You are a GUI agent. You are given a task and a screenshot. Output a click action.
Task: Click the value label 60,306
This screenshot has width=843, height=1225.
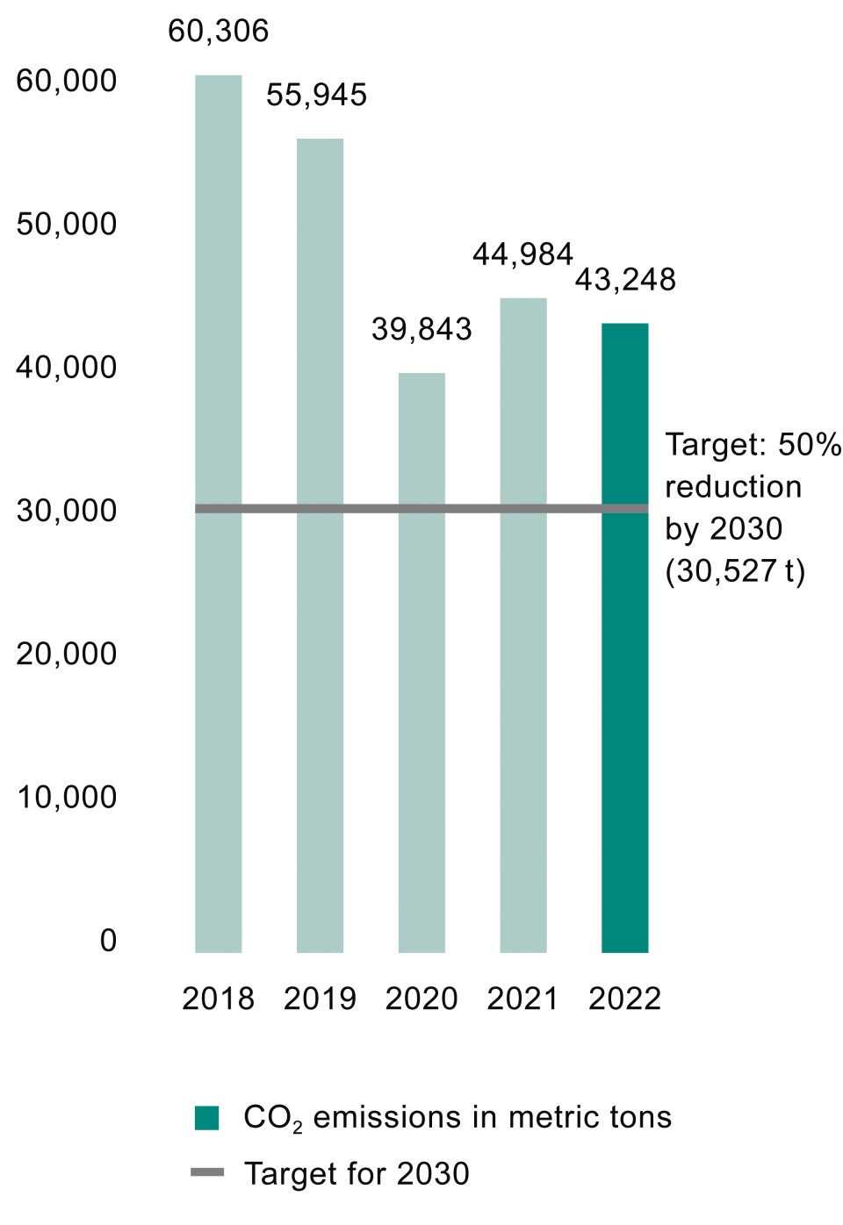point(218,32)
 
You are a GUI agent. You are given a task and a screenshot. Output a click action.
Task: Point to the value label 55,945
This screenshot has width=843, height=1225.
point(316,95)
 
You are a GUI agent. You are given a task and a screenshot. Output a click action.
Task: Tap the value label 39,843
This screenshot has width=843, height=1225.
point(421,329)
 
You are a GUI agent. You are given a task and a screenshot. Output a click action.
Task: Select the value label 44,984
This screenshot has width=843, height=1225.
point(522,254)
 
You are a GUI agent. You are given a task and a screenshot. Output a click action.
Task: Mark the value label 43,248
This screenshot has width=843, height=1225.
point(624,280)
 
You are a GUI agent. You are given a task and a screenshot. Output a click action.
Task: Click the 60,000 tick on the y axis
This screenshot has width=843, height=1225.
point(66,81)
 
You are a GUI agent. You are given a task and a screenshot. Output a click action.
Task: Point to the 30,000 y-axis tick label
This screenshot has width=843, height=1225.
point(66,511)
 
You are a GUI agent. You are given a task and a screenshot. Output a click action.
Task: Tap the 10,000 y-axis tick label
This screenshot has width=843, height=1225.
point(66,798)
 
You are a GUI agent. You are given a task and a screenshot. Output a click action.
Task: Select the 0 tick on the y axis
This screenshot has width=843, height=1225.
point(107,941)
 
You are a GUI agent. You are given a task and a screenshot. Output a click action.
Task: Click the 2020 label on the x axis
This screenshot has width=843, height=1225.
point(421,999)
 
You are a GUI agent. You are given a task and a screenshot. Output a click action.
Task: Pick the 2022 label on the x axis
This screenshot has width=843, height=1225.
point(624,999)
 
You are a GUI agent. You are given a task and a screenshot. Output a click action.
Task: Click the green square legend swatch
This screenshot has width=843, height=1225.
point(206,1118)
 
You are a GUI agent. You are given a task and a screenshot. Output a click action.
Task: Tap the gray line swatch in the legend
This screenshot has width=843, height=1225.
point(207,1172)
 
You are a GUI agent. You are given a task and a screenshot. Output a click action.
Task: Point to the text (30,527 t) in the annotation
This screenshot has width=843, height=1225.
point(735,571)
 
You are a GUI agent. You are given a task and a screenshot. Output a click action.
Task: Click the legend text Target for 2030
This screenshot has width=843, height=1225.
point(357,1173)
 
